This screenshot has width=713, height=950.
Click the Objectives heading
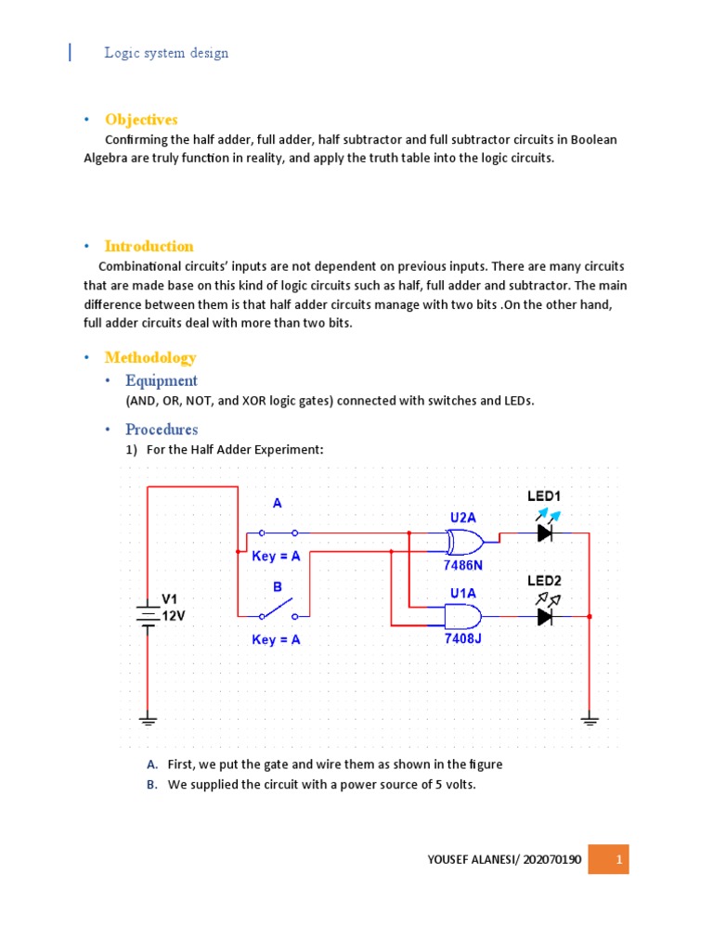click(x=141, y=120)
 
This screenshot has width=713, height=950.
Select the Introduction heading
click(x=149, y=246)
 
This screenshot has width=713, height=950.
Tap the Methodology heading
click(x=150, y=357)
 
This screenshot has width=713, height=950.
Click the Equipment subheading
click(x=162, y=380)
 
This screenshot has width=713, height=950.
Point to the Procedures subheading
click(x=162, y=430)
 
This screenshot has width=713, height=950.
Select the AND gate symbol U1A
click(x=462, y=615)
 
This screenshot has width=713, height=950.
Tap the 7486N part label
click(x=462, y=564)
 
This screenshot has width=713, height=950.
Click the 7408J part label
click(x=462, y=639)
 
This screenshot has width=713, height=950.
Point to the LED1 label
click(x=545, y=497)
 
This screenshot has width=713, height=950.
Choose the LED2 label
click(x=545, y=581)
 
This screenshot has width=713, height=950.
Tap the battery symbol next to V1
click(x=147, y=615)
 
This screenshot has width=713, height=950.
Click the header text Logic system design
click(x=166, y=53)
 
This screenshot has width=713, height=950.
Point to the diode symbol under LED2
click(x=545, y=615)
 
